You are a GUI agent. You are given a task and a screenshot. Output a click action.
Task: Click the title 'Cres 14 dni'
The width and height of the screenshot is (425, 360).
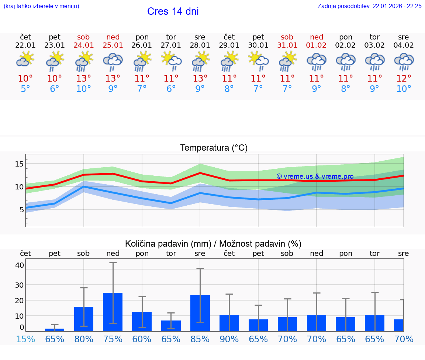point(173,11)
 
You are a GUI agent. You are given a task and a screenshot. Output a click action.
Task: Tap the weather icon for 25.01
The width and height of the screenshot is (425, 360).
point(113,62)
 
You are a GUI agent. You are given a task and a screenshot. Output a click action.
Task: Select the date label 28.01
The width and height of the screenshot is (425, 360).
point(200,45)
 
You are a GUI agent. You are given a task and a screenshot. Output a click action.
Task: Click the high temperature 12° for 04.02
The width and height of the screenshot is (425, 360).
point(404,79)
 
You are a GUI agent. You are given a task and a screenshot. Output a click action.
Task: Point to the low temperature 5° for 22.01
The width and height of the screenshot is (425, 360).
point(25,89)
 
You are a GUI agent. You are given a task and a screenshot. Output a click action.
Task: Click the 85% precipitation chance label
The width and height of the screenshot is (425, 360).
point(200,339)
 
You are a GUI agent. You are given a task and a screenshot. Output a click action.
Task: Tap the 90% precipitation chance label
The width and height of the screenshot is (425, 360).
point(229,339)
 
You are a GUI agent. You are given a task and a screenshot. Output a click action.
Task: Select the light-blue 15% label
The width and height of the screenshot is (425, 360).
point(25,339)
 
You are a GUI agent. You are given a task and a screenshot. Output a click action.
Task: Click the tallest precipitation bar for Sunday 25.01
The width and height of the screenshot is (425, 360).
point(113,312)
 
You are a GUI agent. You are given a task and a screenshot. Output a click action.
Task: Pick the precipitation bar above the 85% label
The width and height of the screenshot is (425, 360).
point(200,313)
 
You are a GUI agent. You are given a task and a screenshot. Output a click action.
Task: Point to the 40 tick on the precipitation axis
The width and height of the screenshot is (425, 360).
point(20,265)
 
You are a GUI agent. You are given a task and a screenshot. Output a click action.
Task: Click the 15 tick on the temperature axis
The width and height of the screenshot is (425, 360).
point(20,164)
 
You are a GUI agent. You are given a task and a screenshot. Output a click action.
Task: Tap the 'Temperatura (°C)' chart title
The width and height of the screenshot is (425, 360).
point(214,148)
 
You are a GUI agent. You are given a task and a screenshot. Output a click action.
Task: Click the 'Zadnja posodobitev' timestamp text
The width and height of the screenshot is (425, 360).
point(369,6)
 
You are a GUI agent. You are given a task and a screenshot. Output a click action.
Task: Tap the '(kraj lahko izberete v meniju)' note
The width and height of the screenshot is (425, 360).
point(41,6)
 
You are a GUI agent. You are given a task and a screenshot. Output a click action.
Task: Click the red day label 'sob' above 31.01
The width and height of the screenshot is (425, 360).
point(287,37)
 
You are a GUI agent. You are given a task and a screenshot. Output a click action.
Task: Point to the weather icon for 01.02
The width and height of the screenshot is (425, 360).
point(316,62)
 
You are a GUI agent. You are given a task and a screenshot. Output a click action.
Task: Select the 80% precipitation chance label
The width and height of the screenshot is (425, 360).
point(84,339)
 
